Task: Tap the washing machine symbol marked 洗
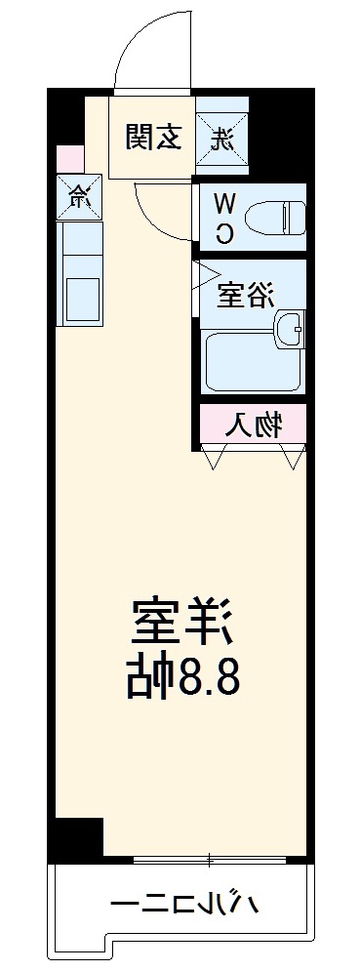221,138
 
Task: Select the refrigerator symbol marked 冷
76,196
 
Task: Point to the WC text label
223,217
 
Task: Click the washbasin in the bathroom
290,330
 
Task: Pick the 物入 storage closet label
255,425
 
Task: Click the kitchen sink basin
80,297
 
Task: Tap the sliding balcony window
209,860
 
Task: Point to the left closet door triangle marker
217,455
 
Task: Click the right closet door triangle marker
292,455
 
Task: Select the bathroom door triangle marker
206,274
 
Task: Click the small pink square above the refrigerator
69,157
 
